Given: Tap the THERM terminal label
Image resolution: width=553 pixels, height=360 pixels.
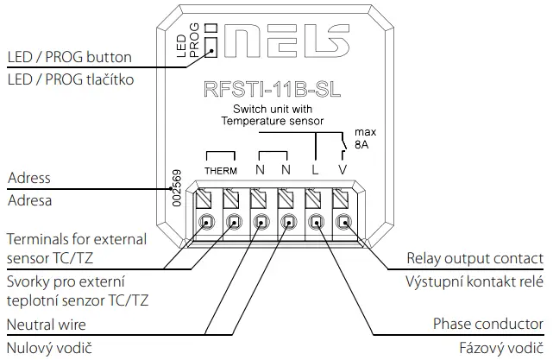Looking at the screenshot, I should click(220, 170).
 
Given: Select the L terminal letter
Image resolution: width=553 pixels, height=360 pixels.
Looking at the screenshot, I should click(315, 169).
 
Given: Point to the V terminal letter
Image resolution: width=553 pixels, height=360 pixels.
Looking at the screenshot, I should click(342, 169).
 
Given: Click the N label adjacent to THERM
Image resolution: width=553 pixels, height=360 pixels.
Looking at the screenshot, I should click(259, 169).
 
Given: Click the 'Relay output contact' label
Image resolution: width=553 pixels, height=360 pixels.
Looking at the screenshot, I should click(475, 259).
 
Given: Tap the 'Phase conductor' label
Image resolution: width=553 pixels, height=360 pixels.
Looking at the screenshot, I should click(488, 325).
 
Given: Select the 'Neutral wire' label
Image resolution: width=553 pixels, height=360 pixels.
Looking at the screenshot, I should click(50, 325).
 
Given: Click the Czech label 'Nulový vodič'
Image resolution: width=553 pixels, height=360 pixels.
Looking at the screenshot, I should click(49, 349).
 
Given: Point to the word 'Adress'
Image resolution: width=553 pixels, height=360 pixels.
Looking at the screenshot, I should click(28, 179).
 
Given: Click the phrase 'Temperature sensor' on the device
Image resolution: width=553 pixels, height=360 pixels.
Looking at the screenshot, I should click(271, 122).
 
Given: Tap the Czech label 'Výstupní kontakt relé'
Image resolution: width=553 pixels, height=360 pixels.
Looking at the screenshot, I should click(475, 282).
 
